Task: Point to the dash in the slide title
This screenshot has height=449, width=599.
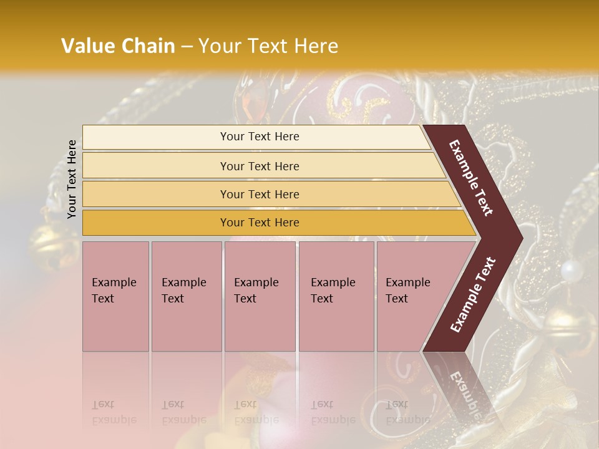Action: pyautogui.click(x=187, y=47)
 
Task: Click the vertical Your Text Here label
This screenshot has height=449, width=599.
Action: pyautogui.click(x=72, y=179)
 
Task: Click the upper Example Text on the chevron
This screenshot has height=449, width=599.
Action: pyautogui.click(x=471, y=178)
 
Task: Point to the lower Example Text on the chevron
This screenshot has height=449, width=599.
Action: pyautogui.click(x=473, y=295)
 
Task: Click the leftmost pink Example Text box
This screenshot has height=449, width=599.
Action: pyautogui.click(x=115, y=296)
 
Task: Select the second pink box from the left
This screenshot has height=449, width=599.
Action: pyautogui.click(x=186, y=296)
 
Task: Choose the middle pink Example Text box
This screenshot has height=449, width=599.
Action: pyautogui.click(x=260, y=296)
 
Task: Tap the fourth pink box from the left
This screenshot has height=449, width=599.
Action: pyautogui.click(x=336, y=296)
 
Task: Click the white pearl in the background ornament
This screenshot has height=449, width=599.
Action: pyautogui.click(x=571, y=270)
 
